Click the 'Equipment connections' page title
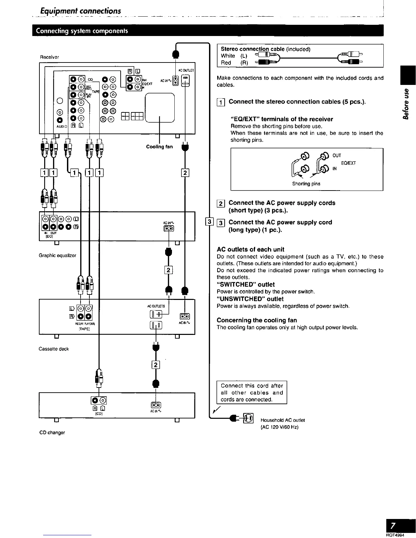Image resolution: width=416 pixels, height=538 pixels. click(81, 11)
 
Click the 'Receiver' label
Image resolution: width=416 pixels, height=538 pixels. click(49, 57)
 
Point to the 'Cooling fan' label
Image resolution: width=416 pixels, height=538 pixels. click(159, 147)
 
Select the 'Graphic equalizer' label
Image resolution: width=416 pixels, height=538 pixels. click(57, 255)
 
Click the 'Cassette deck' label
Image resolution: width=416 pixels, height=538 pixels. click(54, 349)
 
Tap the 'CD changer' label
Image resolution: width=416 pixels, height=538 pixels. click(52, 432)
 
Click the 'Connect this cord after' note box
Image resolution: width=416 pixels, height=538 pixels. click(252, 392)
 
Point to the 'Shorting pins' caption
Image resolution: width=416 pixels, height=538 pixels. click(306, 184)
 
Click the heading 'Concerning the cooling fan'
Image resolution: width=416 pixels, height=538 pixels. click(257, 320)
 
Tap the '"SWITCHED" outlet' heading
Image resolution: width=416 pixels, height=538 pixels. click(245, 285)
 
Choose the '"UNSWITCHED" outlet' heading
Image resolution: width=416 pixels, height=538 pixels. click(250, 299)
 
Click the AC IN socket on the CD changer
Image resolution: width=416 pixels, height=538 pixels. click(155, 405)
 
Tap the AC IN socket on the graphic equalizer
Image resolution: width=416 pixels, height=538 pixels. click(169, 228)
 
